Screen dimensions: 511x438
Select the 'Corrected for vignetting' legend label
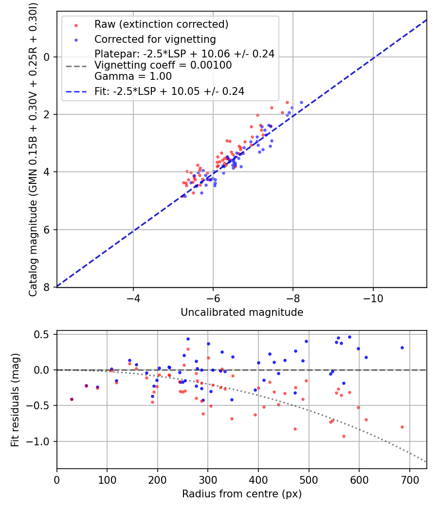155,39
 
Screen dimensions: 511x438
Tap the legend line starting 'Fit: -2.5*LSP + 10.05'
169,91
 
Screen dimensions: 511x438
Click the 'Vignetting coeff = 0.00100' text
163,65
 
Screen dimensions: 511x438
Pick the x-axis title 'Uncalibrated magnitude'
242,312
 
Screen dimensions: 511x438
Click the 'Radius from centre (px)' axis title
242,494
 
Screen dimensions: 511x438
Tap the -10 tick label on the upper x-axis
373,297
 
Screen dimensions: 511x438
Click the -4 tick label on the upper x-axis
133,297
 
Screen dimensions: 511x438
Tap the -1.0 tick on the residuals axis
41,441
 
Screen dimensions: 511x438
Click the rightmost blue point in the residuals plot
402,347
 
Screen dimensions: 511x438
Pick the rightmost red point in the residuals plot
402,427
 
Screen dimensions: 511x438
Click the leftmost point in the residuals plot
72,399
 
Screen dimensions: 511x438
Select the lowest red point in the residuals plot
344,436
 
